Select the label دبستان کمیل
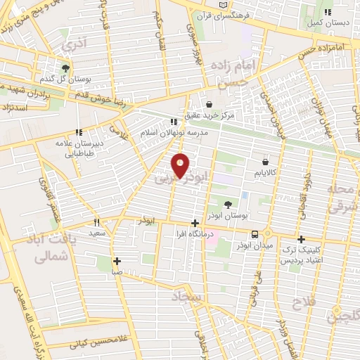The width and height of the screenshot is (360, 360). click(x=327, y=23)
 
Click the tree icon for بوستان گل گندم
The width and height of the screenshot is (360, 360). click(x=65, y=68)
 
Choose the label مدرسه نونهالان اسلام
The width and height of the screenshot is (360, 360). click(x=175, y=133)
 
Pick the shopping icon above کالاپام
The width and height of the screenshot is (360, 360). click(x=264, y=162)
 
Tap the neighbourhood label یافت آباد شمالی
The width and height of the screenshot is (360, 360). click(x=53, y=250)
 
